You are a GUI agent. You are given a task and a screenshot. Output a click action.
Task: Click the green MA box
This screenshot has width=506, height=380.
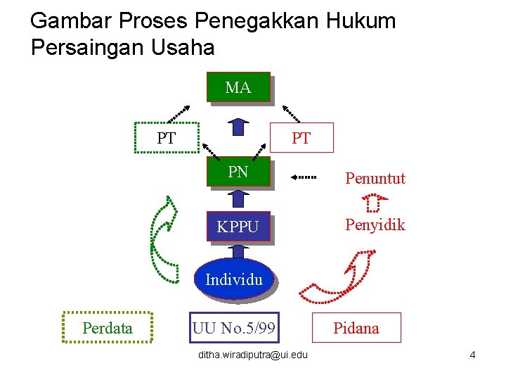pos(238,88)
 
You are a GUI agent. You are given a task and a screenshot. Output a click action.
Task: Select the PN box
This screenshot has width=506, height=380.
pos(238,172)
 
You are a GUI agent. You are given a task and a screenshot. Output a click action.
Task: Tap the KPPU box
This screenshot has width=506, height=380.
pos(238,227)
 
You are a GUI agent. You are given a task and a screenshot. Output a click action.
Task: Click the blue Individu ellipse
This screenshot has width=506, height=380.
pos(234,279)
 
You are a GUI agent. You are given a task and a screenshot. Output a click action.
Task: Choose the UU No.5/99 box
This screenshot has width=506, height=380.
pos(234,328)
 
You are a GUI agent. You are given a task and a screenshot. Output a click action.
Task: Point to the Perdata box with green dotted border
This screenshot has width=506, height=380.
pos(107,328)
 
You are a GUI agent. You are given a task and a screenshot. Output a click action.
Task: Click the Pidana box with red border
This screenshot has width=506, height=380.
pos(356,328)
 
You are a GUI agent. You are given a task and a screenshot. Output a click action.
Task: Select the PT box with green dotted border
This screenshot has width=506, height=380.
pos(167,138)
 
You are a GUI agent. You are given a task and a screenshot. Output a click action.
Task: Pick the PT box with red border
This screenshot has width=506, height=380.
pos(301,138)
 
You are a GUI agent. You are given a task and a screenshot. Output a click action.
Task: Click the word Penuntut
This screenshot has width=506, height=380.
pos(375,179)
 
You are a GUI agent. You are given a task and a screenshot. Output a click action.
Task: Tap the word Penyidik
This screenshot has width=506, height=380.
pos(375,225)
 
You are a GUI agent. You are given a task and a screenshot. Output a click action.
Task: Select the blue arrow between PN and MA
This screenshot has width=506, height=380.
pos(238,127)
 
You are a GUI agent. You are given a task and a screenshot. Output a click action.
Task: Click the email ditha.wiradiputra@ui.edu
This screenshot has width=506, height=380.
pos(252,355)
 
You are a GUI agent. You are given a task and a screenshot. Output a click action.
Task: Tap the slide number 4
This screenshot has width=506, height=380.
pos(472,355)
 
